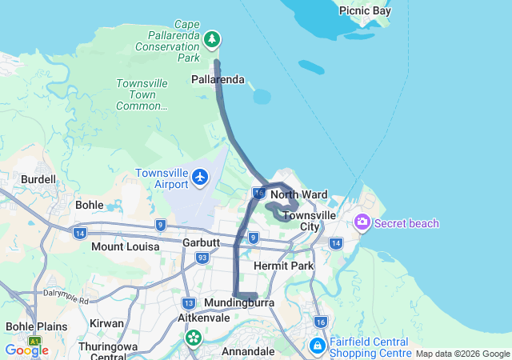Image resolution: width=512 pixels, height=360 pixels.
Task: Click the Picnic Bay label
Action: pos(365,10)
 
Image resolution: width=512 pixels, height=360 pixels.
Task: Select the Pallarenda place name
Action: pos(218,79)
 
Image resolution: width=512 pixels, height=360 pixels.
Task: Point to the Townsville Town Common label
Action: pos(142,94)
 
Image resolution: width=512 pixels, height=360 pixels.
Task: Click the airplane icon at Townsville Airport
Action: pos(199,176)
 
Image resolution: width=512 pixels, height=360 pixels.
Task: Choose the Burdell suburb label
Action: pos(38,179)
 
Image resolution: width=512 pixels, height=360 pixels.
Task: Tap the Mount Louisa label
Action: pos(125,246)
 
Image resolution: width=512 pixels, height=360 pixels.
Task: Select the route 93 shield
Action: pos(202,258)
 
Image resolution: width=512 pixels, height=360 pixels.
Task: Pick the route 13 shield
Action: pos(189,303)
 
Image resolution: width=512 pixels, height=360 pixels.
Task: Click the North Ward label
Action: pos(298,194)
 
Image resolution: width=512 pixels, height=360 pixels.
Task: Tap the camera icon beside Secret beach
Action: pos(362,222)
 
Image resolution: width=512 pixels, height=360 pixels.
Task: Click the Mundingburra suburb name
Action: pos(239,303)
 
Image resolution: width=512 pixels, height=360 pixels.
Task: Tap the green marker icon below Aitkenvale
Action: pos(193,338)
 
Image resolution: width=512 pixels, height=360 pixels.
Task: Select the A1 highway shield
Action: pos(34,341)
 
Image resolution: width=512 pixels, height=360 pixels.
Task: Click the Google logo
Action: pos(26,350)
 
